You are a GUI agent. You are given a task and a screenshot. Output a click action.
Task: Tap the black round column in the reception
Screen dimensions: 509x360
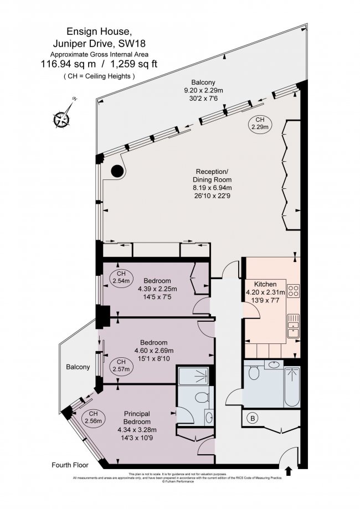117,172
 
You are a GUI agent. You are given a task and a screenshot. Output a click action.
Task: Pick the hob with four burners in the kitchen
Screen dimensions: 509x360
294,292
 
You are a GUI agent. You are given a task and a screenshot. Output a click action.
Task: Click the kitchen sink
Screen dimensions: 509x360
294,330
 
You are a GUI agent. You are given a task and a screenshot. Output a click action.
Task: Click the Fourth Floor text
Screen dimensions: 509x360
70,464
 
